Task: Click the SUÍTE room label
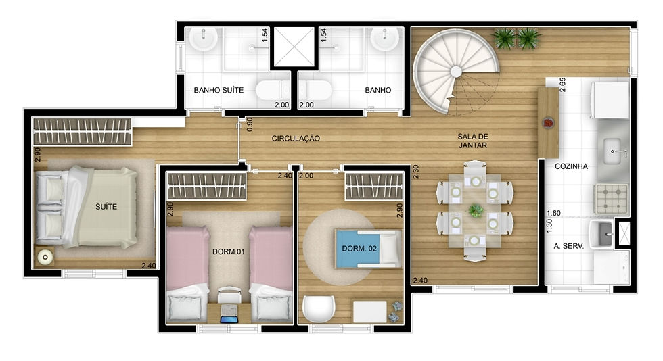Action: pos(106,207)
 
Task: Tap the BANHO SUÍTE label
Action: pos(219,90)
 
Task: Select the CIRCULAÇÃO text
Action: pos(296,138)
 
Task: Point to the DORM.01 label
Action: pos(229,251)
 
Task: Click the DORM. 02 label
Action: pos(359,249)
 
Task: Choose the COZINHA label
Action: pos(571,166)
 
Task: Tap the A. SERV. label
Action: pos(569,245)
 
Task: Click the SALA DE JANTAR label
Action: pos(473,141)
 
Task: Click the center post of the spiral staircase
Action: pos(456,72)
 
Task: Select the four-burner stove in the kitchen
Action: pos(612,198)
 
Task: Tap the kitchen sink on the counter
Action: pos(612,151)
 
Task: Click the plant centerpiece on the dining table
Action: pos(476,210)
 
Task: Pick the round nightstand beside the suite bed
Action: pos(45,257)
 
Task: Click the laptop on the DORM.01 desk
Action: pos(229,319)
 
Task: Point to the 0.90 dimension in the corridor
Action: pos(250,124)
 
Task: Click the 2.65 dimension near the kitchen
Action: pos(562,85)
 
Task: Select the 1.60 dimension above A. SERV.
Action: pos(553,213)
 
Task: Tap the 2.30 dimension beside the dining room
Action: pos(416,172)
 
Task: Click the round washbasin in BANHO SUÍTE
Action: pos(204,39)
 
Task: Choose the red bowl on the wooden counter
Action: pos(549,122)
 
